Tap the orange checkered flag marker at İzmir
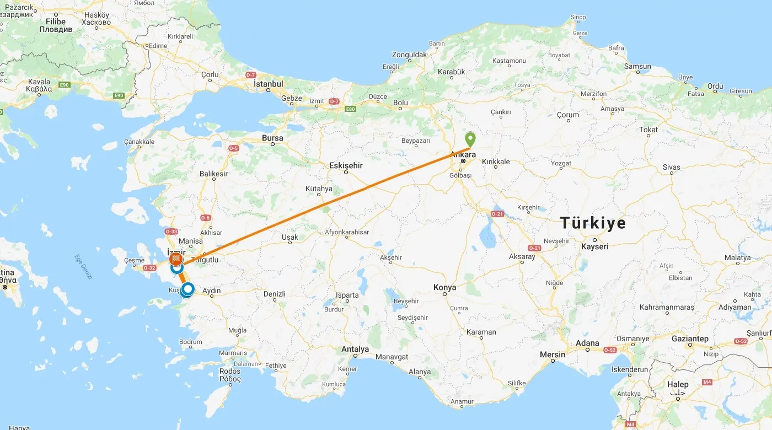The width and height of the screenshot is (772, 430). point(176,257)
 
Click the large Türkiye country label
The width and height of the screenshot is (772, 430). point(593,223)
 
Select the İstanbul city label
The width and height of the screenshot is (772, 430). point(268,84)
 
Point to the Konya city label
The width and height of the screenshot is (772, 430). point(445,287)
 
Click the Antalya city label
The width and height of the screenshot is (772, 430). point(355,349)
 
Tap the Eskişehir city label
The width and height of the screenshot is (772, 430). point(346,165)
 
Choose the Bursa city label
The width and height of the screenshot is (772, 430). point(272,138)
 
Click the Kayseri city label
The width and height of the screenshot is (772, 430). point(594,246)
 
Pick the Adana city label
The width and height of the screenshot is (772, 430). point(587,343)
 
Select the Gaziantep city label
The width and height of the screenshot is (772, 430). point(690,338)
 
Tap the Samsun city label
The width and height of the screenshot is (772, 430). point(637,66)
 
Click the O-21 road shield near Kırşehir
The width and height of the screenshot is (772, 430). point(497,214)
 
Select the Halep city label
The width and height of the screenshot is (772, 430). point(677,384)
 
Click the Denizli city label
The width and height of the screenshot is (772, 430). point(275,294)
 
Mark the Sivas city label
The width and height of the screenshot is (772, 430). point(671,167)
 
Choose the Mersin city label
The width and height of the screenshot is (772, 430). point(553,354)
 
